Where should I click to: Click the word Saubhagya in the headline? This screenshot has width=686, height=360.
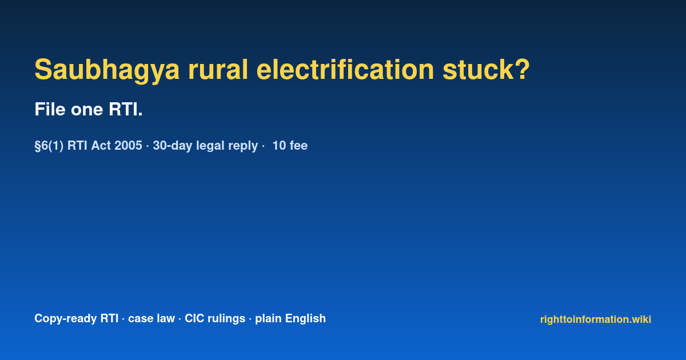(107, 70)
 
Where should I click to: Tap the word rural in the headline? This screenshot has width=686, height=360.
(218, 70)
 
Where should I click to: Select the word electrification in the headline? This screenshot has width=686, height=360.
(345, 70)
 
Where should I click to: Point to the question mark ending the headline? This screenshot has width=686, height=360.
(522, 70)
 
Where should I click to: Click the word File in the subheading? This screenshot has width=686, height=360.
(50, 109)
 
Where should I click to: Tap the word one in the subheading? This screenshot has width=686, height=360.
(87, 111)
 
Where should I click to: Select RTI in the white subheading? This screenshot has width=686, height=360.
(123, 109)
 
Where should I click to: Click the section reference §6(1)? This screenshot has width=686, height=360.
(49, 146)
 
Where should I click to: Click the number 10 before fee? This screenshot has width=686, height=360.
(279, 145)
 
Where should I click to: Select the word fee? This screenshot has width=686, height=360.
(298, 145)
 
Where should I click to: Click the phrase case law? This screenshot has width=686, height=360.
(151, 318)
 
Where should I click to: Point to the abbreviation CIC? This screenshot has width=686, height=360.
(194, 318)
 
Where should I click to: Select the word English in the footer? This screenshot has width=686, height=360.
(305, 319)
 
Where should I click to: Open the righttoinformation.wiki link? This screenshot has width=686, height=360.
(596, 319)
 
